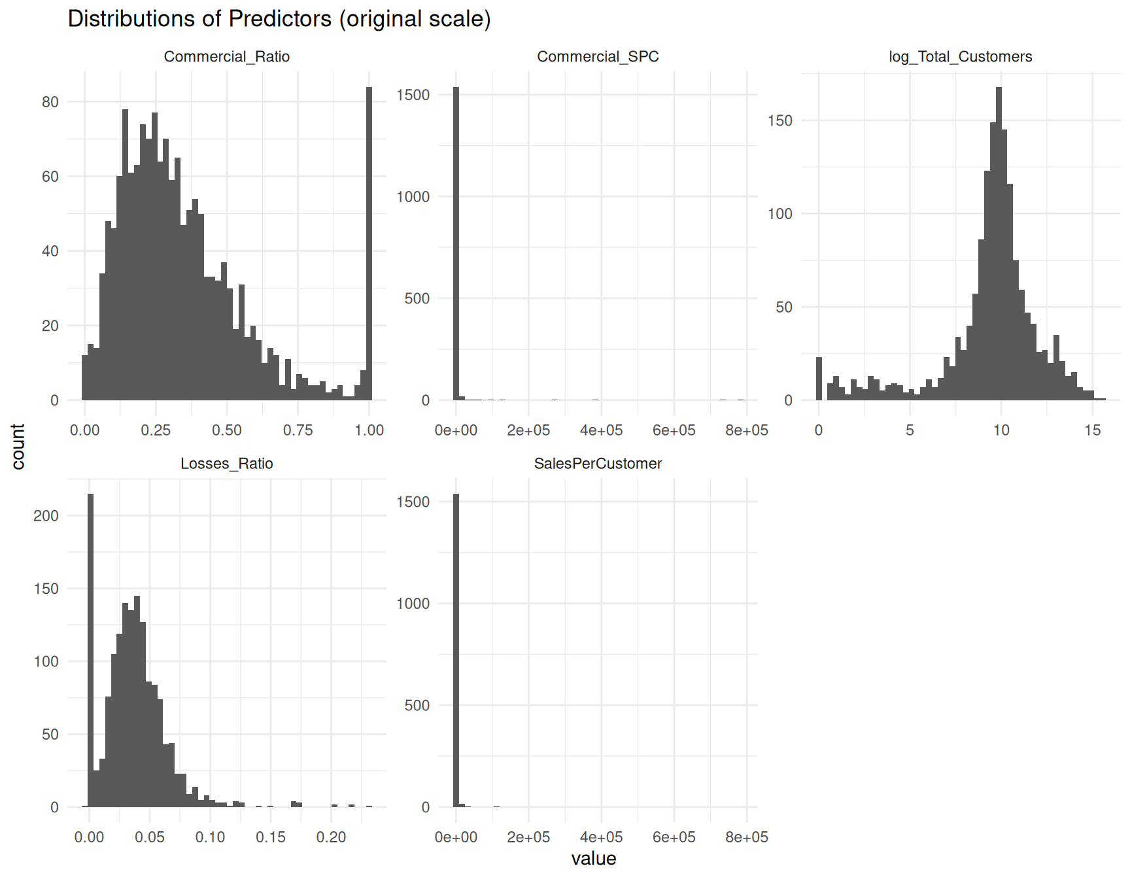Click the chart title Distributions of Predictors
tap(279, 19)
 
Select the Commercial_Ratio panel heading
tap(226, 57)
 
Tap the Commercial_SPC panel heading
tap(598, 57)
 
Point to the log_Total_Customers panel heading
tap(960, 57)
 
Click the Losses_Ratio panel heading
tap(226, 464)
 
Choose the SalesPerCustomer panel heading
tap(598, 464)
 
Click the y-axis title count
tap(18, 446)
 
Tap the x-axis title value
tap(593, 859)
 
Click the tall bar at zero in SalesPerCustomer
tap(456, 650)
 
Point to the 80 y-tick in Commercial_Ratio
tap(50, 102)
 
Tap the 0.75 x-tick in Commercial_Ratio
tap(298, 430)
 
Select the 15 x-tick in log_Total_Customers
tap(1092, 430)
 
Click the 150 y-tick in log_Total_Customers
tap(779, 120)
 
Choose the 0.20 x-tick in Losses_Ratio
tap(331, 837)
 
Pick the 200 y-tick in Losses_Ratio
tap(46, 515)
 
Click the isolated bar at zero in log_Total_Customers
tap(819, 379)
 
